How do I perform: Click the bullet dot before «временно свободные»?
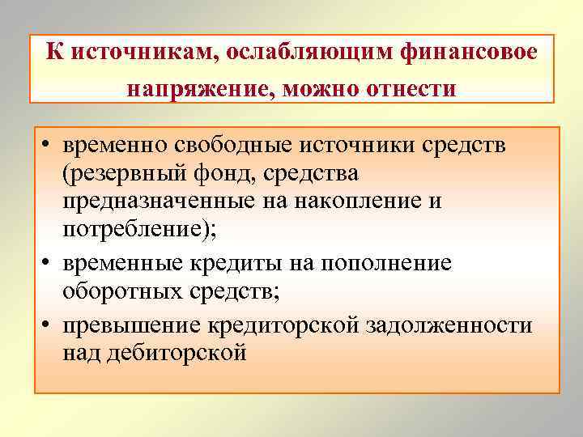click(50, 146)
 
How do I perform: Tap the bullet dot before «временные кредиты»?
click(50, 264)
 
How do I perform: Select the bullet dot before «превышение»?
click(50, 325)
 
